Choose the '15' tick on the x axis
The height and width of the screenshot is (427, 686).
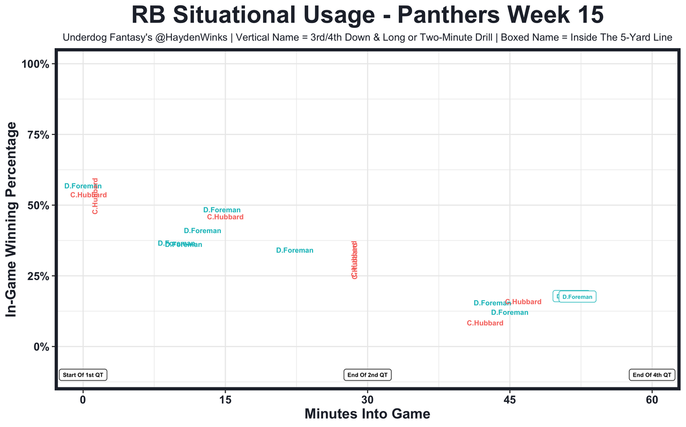pos(225,400)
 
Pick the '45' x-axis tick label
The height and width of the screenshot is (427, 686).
pos(510,400)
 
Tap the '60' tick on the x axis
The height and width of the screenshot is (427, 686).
pos(652,400)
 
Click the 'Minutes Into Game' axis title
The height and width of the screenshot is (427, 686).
pos(367,414)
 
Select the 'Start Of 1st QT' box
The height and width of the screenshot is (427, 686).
pos(83,375)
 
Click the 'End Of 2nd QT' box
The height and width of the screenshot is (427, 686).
pos(367,375)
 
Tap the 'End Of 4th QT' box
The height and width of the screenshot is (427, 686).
pos(652,375)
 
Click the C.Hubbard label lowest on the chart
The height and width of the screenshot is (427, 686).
pos(485,323)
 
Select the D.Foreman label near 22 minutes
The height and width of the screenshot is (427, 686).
pos(295,251)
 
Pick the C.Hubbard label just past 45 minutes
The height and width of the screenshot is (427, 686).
pos(524,302)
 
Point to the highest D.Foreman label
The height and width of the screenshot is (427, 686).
pos(83,186)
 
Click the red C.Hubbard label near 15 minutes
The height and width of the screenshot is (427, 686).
pos(225,217)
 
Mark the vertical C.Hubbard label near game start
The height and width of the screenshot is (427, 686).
pos(95,196)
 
